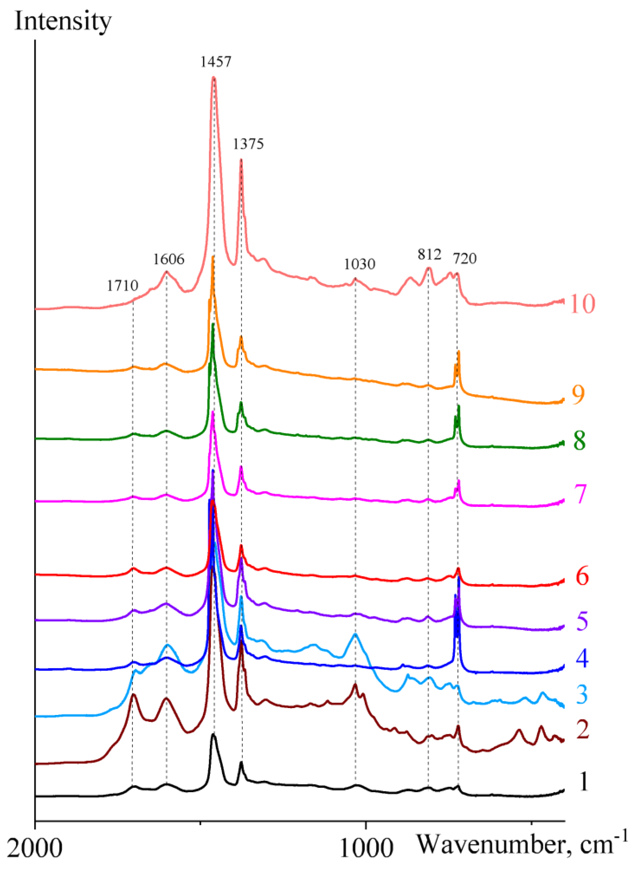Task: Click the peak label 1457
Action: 216,61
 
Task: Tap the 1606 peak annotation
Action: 169,259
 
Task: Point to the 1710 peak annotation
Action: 123,286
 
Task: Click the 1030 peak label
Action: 359,264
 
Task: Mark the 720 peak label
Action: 464,258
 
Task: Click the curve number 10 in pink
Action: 582,304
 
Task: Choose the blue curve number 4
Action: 582,659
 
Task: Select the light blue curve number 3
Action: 582,694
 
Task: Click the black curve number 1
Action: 584,782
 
